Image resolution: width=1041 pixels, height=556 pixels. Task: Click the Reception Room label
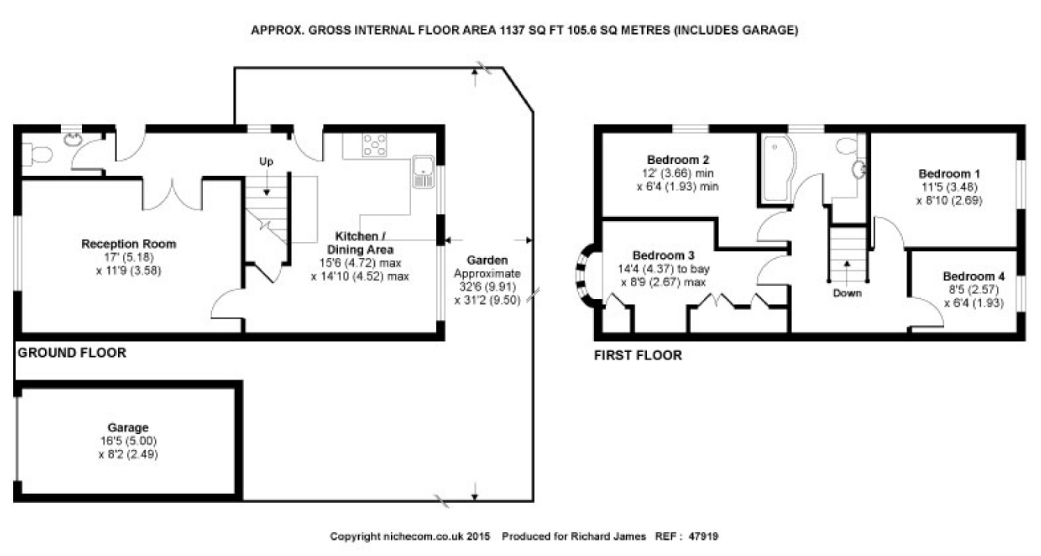tap(129, 244)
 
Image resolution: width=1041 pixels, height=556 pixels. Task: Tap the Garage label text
tap(128, 428)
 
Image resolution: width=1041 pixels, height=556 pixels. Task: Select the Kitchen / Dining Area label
tap(360, 243)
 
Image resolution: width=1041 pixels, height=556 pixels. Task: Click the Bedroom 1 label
tap(949, 174)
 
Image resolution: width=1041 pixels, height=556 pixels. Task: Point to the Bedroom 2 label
tap(678, 160)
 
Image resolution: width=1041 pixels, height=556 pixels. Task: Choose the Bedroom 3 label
tap(663, 255)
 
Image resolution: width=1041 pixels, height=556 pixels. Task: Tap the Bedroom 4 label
tap(974, 276)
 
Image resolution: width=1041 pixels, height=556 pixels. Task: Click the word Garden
tap(487, 260)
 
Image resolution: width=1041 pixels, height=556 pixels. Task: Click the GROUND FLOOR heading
tap(72, 353)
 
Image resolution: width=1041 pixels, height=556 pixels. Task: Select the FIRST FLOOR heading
tap(638, 355)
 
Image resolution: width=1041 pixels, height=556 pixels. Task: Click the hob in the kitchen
tap(375, 145)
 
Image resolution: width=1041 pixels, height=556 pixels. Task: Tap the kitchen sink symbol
tap(424, 171)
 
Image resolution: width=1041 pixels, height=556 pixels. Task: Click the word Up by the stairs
tap(266, 161)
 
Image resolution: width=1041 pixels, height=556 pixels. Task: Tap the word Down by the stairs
tap(847, 293)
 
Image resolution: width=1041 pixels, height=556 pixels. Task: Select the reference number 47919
tap(703, 536)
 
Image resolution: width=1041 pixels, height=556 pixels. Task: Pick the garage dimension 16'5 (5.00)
tap(129, 440)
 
